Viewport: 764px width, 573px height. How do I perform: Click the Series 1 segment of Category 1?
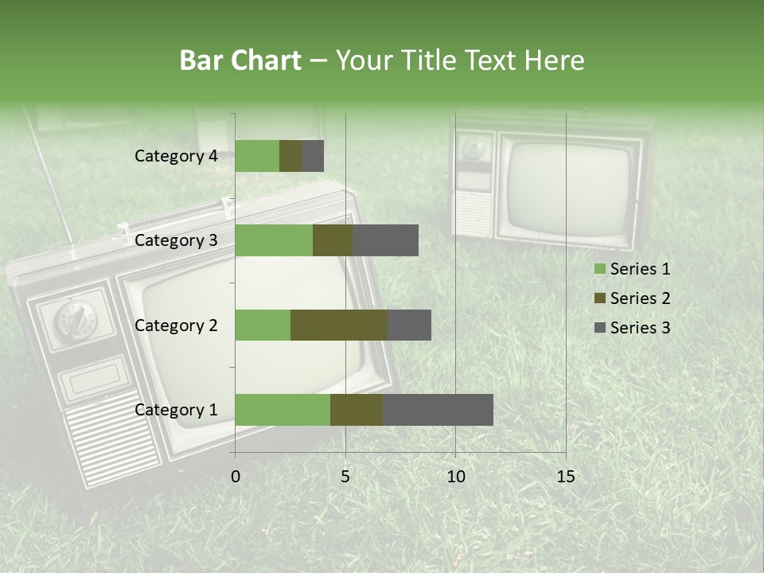(283, 409)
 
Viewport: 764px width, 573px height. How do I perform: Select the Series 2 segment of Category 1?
(357, 409)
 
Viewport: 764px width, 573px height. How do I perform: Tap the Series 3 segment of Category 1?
(438, 409)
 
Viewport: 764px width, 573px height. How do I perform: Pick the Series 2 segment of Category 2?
(339, 325)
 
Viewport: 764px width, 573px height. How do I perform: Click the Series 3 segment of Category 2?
(409, 325)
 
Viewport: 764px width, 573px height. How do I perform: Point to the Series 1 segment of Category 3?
(274, 240)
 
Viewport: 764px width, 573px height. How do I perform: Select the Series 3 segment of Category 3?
(385, 240)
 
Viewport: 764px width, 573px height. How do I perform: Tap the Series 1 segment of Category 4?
(257, 156)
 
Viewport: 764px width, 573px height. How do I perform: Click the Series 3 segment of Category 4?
(313, 156)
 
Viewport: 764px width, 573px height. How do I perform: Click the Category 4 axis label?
(176, 156)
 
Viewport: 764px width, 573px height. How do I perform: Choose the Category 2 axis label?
(176, 325)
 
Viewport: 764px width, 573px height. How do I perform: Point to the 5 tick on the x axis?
(345, 477)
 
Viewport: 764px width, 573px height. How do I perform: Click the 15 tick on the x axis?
(565, 477)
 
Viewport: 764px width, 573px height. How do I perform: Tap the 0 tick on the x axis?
(236, 477)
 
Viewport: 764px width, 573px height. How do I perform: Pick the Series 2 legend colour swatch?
(599, 298)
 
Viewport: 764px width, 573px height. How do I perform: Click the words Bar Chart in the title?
(240, 60)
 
